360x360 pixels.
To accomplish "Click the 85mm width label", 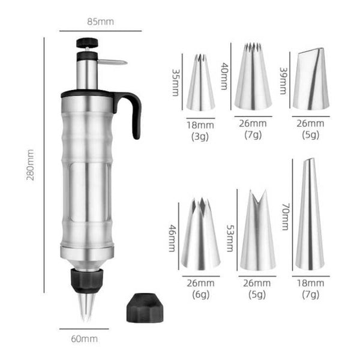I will pos(100,22).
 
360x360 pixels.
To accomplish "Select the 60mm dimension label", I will pos(84,338).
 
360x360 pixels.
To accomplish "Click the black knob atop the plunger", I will pos(87,44).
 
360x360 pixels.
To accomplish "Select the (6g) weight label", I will pos(200,294).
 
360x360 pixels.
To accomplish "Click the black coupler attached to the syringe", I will pos(87,278).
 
